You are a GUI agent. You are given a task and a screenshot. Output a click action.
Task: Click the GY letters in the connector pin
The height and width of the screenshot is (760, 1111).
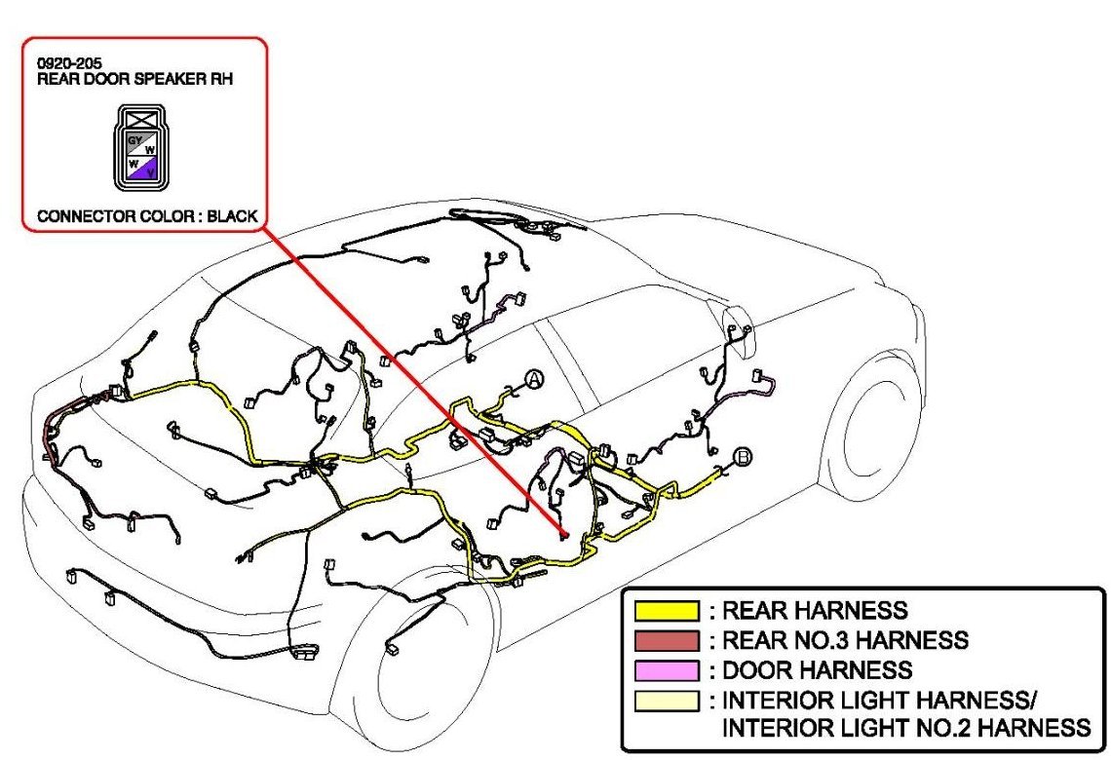click(134, 139)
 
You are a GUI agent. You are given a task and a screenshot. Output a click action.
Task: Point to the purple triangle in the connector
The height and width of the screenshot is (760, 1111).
click(147, 171)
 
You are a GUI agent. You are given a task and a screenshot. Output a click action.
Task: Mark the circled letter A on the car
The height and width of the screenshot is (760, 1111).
click(533, 379)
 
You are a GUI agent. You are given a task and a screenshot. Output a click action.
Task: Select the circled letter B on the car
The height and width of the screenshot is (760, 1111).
click(743, 456)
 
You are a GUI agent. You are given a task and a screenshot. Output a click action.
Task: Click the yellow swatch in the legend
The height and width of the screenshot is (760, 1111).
click(667, 612)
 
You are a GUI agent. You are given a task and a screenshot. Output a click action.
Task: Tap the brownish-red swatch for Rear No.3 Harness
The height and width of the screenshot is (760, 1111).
click(667, 641)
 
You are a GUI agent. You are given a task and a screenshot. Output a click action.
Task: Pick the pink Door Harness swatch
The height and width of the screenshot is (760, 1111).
click(667, 670)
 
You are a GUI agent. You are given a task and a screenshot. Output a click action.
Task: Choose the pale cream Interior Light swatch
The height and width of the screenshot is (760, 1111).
click(667, 700)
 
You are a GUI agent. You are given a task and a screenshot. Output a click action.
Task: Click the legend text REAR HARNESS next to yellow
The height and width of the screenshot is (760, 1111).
click(814, 612)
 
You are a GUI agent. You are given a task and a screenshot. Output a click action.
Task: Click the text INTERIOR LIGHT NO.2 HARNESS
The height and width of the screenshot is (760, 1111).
click(905, 728)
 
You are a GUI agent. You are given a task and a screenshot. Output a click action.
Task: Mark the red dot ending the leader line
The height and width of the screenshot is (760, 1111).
click(563, 535)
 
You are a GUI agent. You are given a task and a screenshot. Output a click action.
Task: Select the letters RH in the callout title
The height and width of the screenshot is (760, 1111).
click(221, 78)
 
